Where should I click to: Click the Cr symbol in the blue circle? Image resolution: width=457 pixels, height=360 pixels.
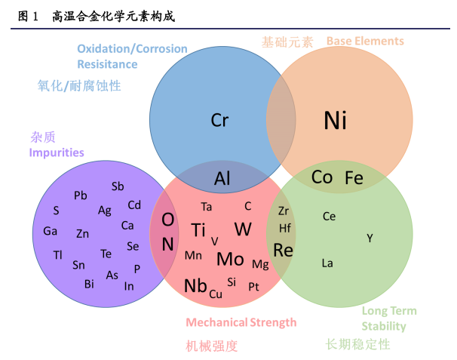[219, 120]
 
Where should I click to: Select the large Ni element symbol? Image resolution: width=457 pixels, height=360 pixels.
[336, 120]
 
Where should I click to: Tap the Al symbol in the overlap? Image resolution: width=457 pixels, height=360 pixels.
[222, 179]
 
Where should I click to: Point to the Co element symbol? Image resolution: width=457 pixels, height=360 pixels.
[322, 177]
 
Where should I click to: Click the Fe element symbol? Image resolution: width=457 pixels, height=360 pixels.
[354, 178]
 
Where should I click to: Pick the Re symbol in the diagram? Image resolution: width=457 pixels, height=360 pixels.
[283, 250]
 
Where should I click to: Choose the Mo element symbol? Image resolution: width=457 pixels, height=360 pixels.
[230, 259]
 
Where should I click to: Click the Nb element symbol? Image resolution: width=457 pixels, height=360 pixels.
[195, 286]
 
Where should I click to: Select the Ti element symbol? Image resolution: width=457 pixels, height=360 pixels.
[198, 230]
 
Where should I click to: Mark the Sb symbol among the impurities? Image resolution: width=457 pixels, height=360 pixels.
[118, 186]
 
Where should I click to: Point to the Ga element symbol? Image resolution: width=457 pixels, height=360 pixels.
[50, 231]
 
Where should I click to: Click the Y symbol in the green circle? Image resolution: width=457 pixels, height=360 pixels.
[370, 238]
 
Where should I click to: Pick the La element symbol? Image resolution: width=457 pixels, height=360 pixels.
[327, 263]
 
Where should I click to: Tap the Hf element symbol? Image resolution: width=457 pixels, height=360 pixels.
[285, 227]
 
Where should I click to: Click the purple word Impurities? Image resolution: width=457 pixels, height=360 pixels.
[57, 152]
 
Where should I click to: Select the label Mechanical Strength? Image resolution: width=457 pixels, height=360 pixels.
[241, 322]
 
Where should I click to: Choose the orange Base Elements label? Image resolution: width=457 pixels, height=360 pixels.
[365, 41]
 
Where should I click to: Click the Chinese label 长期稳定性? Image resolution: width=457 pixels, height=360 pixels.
[357, 344]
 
